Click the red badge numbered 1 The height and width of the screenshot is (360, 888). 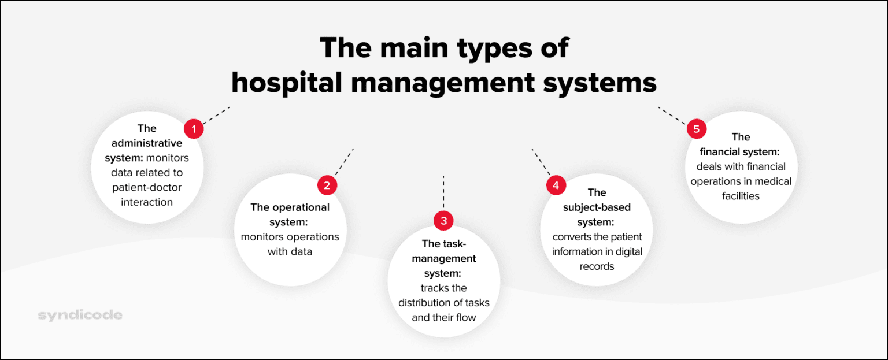pos(194,129)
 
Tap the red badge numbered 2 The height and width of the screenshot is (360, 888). pos(327,185)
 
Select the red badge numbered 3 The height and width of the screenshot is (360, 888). pos(443,220)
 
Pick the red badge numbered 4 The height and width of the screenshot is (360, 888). pos(556,185)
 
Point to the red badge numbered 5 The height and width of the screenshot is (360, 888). pos(696,129)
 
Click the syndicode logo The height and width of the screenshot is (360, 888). pos(80,316)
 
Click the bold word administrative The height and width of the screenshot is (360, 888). pos(147,143)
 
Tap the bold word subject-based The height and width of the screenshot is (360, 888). pos(597,207)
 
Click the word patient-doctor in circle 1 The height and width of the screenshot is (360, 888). pos(147,187)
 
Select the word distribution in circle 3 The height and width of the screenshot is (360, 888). pos(428,303)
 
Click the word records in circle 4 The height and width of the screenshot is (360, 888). pos(597,266)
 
